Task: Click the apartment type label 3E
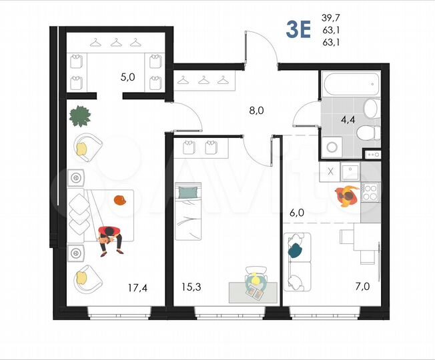pos(298,30)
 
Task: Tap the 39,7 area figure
pos(330,17)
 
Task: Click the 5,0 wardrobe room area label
pos(127,77)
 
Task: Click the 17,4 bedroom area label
pos(138,288)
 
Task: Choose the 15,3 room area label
pos(191,288)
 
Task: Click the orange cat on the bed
pos(120,199)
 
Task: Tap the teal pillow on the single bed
pos(188,193)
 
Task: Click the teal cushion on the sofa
pos(294,249)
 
